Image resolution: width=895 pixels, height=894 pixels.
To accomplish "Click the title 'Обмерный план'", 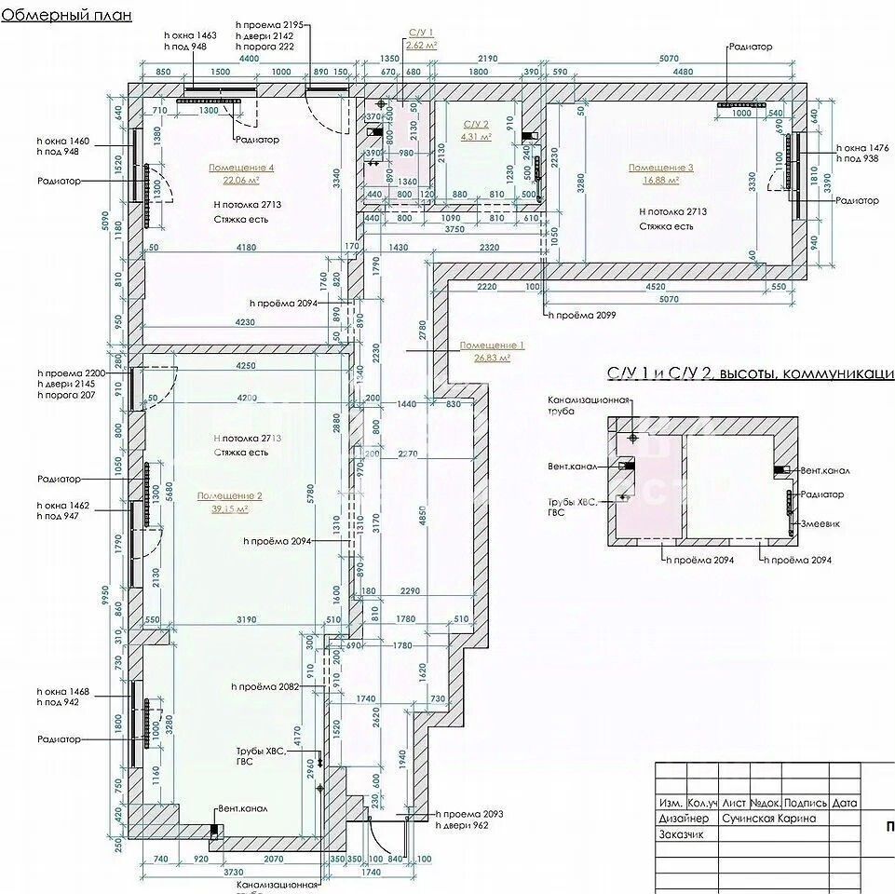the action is [x=67, y=15].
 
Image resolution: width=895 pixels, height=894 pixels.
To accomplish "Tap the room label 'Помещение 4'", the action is [x=241, y=168].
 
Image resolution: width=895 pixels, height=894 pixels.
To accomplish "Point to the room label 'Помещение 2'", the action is [x=229, y=496].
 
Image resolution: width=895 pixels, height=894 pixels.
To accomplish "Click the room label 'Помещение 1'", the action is [x=492, y=345].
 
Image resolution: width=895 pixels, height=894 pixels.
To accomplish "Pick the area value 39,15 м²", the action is [x=229, y=509].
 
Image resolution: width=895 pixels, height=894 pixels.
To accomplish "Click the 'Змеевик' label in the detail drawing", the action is [x=822, y=524].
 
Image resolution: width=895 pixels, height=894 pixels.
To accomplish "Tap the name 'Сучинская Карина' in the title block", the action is [x=768, y=819].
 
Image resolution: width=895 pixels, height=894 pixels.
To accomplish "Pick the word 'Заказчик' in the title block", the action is [x=682, y=834].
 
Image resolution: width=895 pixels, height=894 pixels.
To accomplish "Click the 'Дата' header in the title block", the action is [x=845, y=803].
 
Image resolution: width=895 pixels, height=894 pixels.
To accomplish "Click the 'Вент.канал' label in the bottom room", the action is [x=242, y=808].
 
